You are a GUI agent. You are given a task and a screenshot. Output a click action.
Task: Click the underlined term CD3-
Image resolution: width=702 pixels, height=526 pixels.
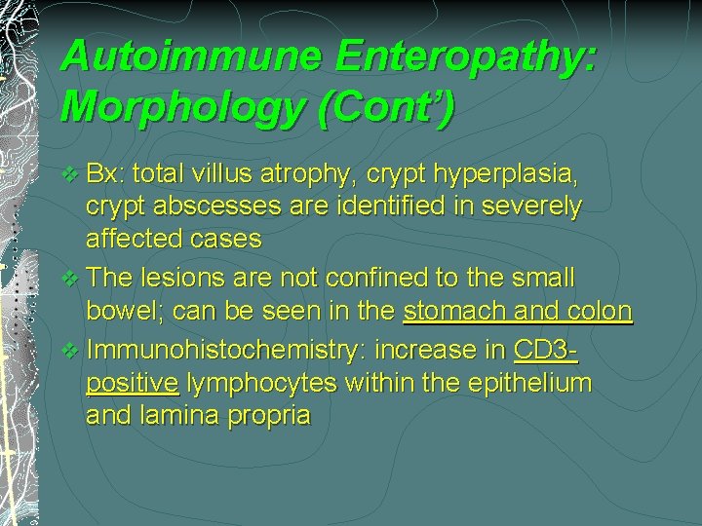545,348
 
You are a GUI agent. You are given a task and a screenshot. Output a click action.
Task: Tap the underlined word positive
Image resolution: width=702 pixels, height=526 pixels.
132,383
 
